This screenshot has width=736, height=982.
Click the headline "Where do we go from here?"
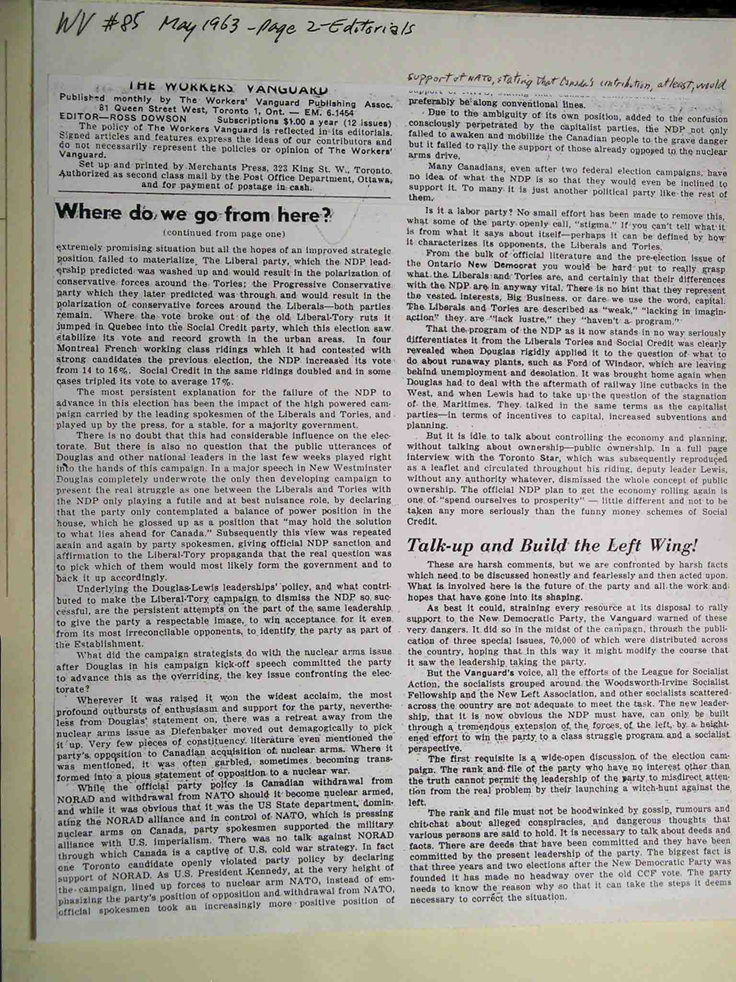click(x=194, y=214)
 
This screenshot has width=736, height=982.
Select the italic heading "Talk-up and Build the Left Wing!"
click(x=551, y=546)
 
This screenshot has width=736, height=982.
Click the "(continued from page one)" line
click(x=224, y=234)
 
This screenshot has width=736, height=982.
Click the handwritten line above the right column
click(x=565, y=84)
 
